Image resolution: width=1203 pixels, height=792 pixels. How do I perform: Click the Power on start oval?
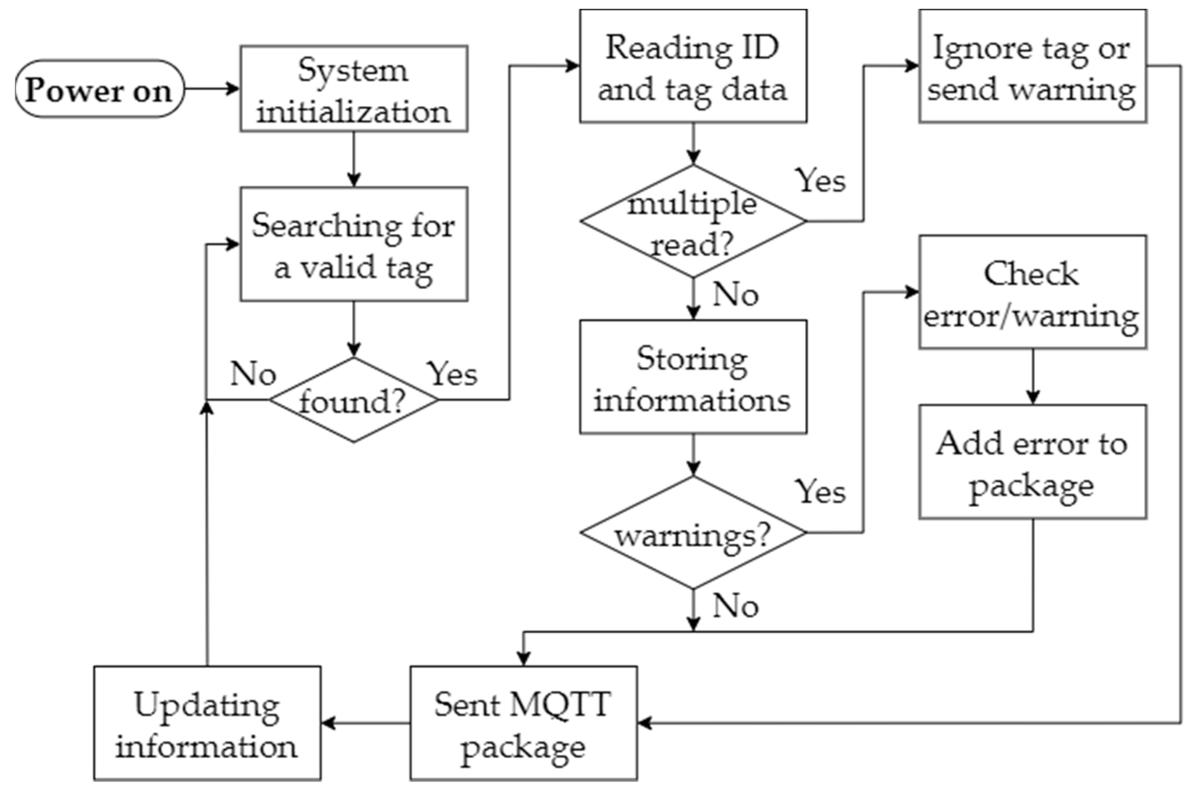[100, 89]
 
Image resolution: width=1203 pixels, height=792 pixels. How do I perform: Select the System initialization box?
[353, 89]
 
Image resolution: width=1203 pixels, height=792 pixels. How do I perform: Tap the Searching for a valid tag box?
[353, 245]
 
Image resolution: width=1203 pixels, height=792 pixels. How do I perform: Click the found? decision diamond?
[353, 400]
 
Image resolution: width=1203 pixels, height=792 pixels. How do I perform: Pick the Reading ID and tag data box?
[693, 66]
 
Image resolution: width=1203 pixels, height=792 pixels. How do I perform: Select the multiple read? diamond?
[693, 222]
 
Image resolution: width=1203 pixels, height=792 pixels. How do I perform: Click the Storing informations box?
[693, 377]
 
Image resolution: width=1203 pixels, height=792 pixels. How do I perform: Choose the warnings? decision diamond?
[693, 533]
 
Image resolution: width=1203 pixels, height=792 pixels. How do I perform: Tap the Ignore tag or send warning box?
[1032, 66]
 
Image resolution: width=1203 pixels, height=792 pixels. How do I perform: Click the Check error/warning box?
[1032, 292]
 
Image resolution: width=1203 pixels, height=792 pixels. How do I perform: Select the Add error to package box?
[1032, 462]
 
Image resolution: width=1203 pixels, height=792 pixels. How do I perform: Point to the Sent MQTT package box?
[523, 723]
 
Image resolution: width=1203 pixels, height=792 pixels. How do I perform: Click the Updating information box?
[207, 723]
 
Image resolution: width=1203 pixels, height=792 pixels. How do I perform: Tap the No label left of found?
[253, 374]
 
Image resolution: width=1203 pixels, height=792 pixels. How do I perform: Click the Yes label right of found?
[452, 374]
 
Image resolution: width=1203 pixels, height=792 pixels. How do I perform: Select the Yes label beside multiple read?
[820, 180]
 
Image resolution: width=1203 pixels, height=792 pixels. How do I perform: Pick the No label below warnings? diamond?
[735, 606]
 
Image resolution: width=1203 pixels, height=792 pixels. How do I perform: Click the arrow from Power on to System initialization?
[211, 89]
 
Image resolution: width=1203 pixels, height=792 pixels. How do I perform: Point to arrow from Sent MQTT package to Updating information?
[366, 723]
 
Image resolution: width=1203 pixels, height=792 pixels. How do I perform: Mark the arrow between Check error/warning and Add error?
[1032, 377]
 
